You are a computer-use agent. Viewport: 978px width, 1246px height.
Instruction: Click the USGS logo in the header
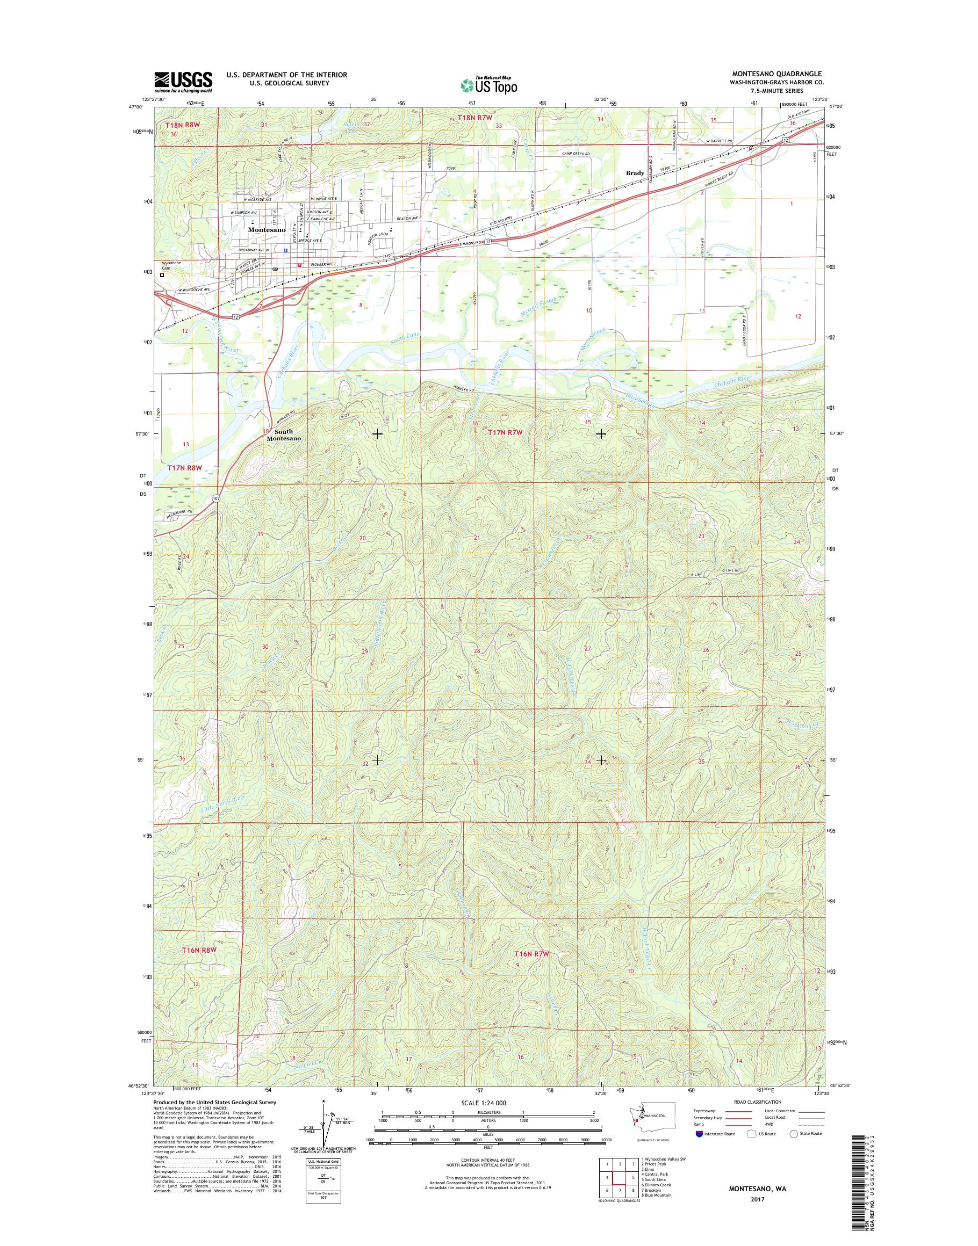tap(183, 82)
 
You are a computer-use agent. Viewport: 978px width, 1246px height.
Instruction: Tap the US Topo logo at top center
tap(489, 85)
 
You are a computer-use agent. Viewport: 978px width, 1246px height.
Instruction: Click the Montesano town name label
tap(267, 229)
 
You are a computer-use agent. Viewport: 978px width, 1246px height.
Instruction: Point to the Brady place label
tap(635, 173)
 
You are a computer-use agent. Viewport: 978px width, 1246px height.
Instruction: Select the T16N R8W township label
tap(199, 950)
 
